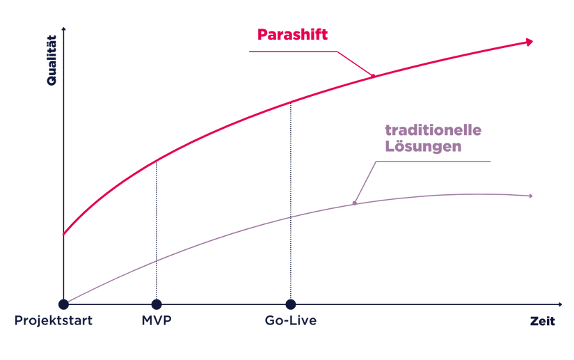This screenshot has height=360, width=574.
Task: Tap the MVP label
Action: coord(156,322)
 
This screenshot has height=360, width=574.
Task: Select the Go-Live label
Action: coord(290,322)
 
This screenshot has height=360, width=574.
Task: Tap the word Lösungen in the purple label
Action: coord(424,146)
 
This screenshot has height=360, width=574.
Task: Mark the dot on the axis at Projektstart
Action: coord(63,304)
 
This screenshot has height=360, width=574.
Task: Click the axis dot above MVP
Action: coord(156,304)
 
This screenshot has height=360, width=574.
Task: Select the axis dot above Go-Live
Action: coord(290,304)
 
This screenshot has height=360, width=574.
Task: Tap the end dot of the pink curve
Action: coord(529,42)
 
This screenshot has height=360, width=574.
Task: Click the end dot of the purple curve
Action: coord(530,196)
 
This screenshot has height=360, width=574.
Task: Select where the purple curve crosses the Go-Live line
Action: coord(290,217)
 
